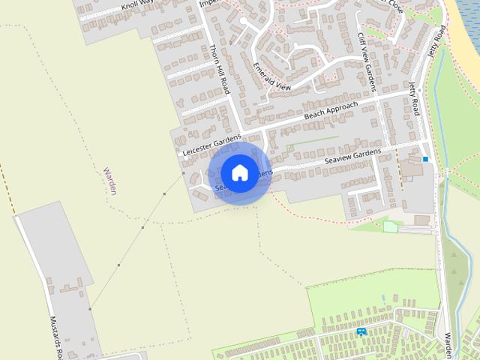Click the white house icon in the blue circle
(x=239, y=172)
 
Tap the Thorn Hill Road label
(x=220, y=71)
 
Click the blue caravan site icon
(x=361, y=331)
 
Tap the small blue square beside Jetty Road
(x=426, y=159)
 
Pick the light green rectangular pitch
(x=390, y=226)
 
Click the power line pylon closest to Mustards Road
(x=90, y=309)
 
